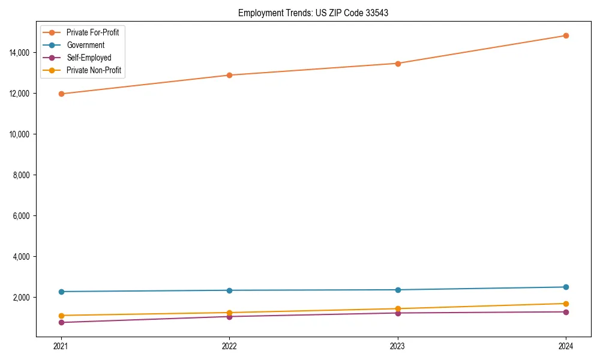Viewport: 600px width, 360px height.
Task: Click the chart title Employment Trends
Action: tap(313, 13)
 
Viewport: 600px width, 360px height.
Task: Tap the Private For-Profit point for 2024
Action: tap(566, 35)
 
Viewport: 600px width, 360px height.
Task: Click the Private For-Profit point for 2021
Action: tap(61, 94)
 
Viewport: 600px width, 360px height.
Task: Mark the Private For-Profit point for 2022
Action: tap(229, 75)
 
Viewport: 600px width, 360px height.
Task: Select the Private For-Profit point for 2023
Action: tap(398, 63)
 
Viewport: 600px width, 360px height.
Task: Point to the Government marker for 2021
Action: tap(61, 292)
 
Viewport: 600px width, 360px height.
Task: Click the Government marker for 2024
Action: tap(566, 287)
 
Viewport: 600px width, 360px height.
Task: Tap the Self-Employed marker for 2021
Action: tap(61, 322)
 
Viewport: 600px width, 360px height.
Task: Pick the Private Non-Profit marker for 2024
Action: tap(566, 304)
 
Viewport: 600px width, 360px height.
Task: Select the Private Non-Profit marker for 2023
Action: tap(398, 308)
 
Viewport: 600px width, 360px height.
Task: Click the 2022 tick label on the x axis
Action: tap(229, 346)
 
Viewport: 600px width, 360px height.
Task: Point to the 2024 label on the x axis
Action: tap(566, 346)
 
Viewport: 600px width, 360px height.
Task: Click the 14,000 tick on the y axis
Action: tap(22, 53)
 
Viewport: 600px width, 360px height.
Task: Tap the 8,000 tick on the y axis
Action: tap(23, 175)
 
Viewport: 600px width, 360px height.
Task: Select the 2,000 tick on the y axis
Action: tap(23, 297)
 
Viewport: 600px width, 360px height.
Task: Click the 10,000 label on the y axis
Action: tap(22, 134)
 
